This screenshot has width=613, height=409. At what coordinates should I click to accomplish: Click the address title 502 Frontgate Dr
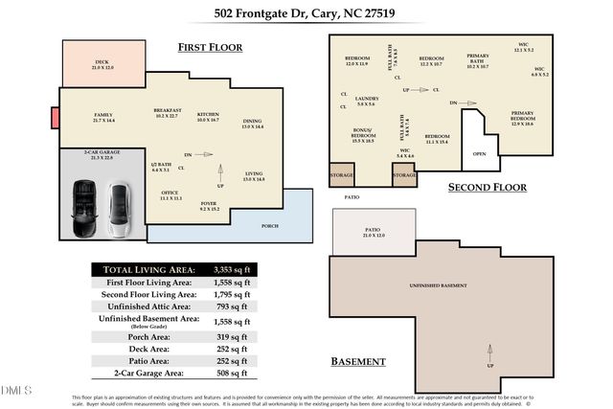[x=306, y=13]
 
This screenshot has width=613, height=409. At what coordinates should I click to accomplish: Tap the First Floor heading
[x=210, y=47]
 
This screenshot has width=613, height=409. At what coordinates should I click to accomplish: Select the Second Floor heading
[x=488, y=187]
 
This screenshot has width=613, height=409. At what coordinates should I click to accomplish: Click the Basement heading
[x=358, y=362]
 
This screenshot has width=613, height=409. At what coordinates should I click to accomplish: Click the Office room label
[x=170, y=196]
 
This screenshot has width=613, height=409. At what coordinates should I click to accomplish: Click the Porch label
[x=270, y=226]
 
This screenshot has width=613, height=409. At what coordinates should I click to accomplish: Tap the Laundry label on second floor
[x=367, y=100]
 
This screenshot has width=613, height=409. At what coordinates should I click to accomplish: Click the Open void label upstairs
[x=479, y=152]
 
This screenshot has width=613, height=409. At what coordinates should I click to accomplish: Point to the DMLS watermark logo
[x=17, y=390]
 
